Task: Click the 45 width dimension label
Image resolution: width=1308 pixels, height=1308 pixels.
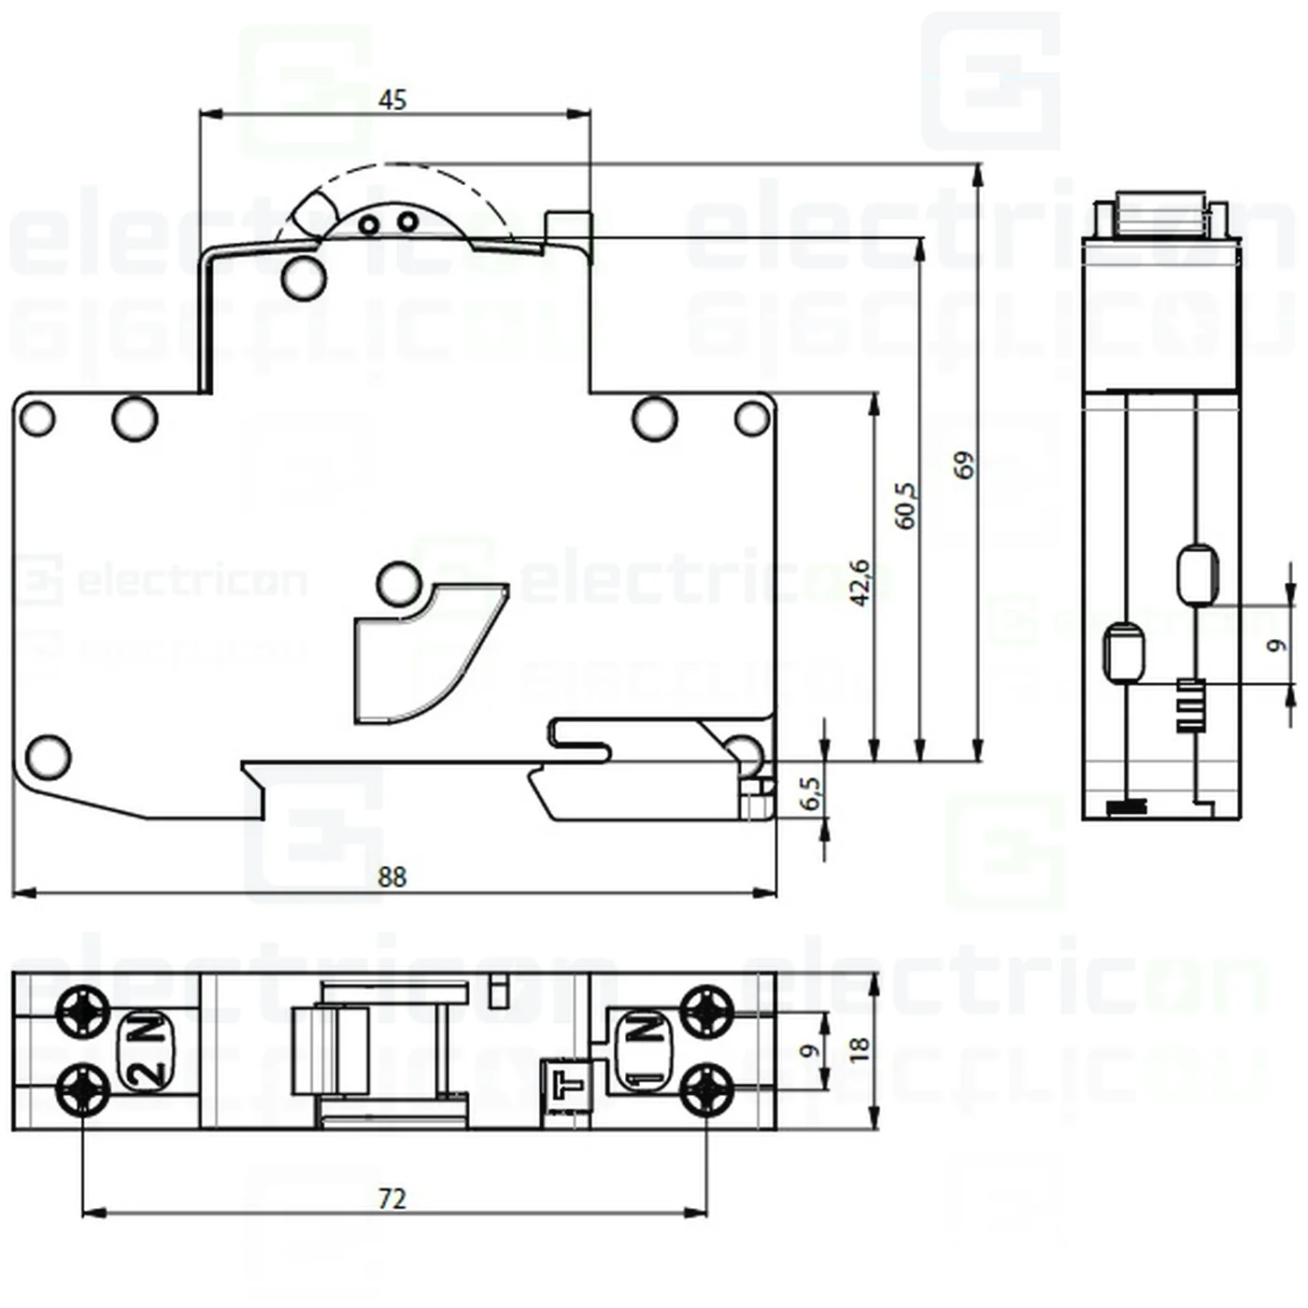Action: click(392, 99)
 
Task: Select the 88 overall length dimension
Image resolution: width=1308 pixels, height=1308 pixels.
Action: click(392, 876)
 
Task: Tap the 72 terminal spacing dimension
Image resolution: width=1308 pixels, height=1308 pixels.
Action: click(392, 1198)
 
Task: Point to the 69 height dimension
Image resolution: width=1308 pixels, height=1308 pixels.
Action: click(964, 464)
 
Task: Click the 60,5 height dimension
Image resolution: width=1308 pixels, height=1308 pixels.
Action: click(905, 505)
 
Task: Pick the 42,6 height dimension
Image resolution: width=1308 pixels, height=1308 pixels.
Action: click(860, 582)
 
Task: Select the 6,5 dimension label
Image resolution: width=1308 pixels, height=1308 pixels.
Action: click(811, 793)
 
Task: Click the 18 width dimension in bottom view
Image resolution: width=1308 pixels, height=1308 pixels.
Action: click(859, 1047)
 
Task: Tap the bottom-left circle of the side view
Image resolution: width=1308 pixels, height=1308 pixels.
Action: click(48, 756)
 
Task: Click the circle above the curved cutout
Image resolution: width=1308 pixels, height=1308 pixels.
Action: click(399, 584)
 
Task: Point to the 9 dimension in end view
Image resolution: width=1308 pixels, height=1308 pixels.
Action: click(1276, 645)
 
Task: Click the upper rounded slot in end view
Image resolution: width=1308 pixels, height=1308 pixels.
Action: click(1197, 575)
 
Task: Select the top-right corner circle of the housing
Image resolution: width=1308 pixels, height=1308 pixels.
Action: click(752, 419)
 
